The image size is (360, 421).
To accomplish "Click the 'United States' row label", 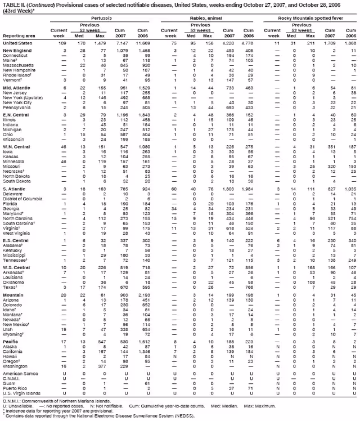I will pos(17,43).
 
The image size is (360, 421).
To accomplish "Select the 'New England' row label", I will pos(16,51).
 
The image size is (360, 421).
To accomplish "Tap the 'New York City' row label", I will pos(19,101).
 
